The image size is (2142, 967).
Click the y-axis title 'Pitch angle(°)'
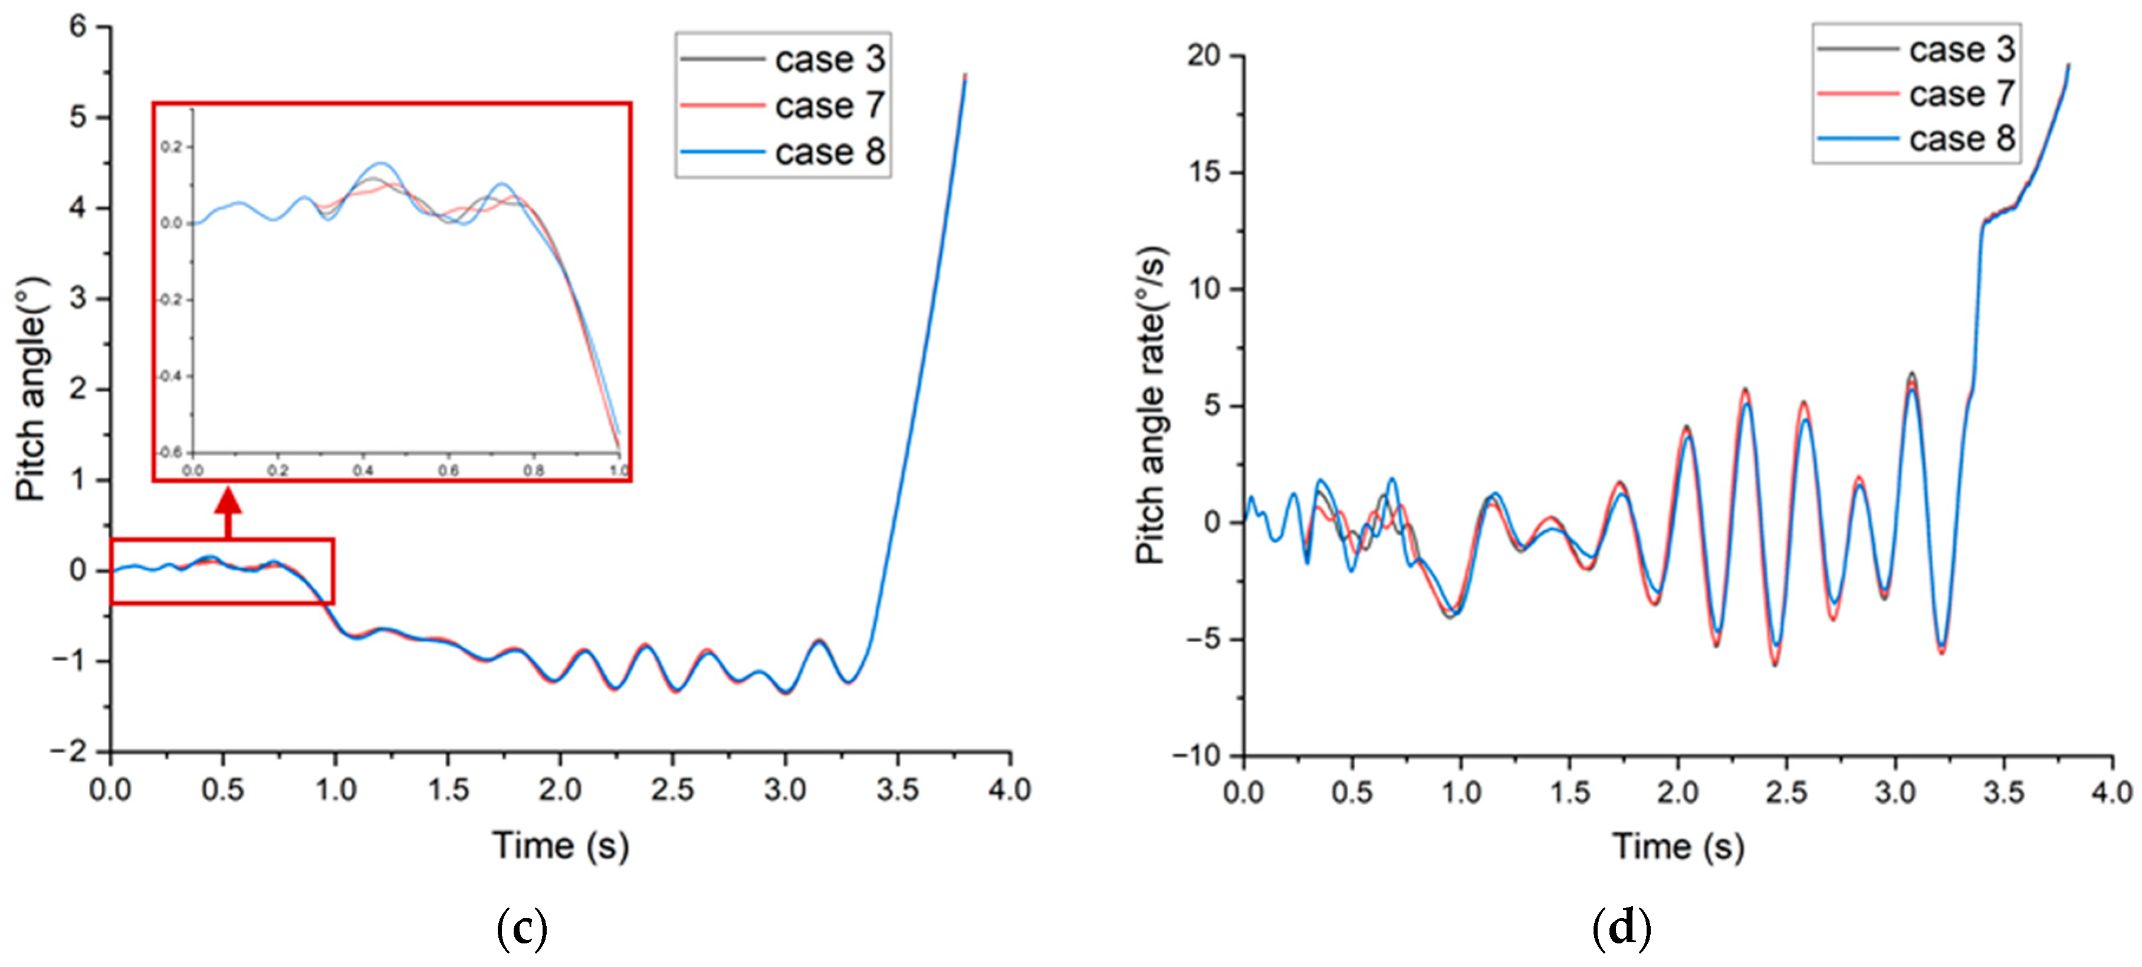click(x=32, y=389)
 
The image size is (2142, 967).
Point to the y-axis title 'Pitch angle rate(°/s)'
click(x=1152, y=405)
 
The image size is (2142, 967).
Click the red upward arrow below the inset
click(x=228, y=511)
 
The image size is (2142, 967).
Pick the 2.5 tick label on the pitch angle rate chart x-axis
click(x=1786, y=792)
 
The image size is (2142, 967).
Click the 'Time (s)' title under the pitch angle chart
click(x=560, y=846)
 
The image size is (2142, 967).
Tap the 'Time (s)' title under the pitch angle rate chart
click(x=1678, y=847)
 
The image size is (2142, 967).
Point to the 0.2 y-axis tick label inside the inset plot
click(x=170, y=147)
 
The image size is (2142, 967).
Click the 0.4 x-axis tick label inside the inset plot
click(x=363, y=471)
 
